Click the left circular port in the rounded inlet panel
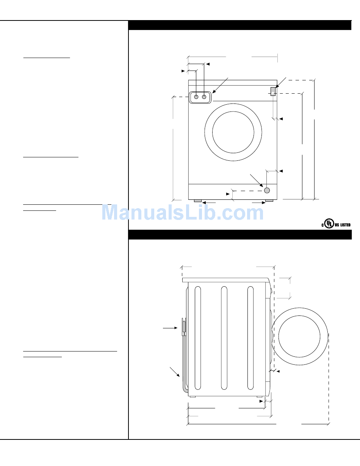coord(196,97)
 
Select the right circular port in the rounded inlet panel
coord(204,97)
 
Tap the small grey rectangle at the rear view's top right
coord(273,91)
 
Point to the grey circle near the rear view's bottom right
coord(267,190)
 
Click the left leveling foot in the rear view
coord(198,201)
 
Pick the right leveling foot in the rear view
coord(269,201)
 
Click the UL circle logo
coord(329,223)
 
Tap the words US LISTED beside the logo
coord(343,225)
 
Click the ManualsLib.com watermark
coord(183,212)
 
